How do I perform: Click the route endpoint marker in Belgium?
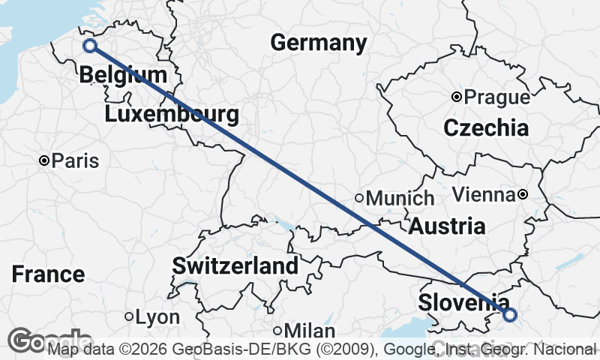coord(90,46)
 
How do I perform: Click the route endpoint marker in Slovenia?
coord(510,315)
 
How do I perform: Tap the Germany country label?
coord(319,43)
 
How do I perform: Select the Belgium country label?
coord(122,75)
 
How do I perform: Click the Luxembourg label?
coord(172,115)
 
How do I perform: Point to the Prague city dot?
coord(456,97)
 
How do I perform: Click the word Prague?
coord(496,97)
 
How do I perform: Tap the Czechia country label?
coord(486,128)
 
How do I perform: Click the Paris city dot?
coord(44,160)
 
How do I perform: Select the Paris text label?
coord(74,161)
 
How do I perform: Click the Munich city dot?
coord(359,199)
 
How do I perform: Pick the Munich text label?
coord(400,199)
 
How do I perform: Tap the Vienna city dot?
coord(523,195)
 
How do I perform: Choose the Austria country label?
coord(447,226)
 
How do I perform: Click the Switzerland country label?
coord(235,265)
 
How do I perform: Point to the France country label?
coord(48,274)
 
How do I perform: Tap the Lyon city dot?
coord(129,317)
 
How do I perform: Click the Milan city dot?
coord(277,331)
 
